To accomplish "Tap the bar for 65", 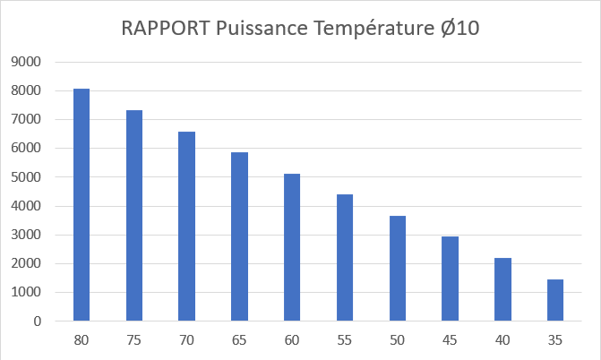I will coord(239,236).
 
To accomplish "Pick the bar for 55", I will coord(345,257).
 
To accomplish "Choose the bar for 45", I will coord(450,279).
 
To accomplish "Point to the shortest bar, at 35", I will coord(555,300).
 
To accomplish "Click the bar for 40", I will coord(502,289).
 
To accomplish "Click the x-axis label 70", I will coord(186,341).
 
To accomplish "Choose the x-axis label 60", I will coord(292,341).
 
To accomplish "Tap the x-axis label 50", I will coord(397,341).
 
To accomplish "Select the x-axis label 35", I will coord(555,341).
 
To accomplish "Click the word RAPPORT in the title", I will coord(166,29).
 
